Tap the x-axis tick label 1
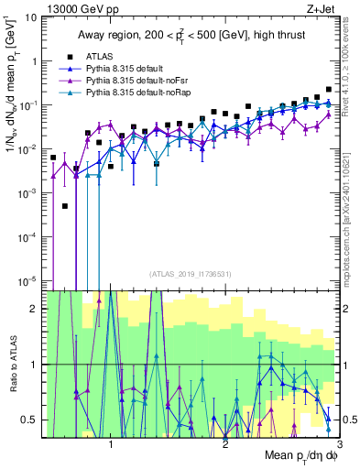[111, 444]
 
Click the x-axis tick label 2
[225, 444]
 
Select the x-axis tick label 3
[339, 444]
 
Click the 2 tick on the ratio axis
[36, 309]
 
